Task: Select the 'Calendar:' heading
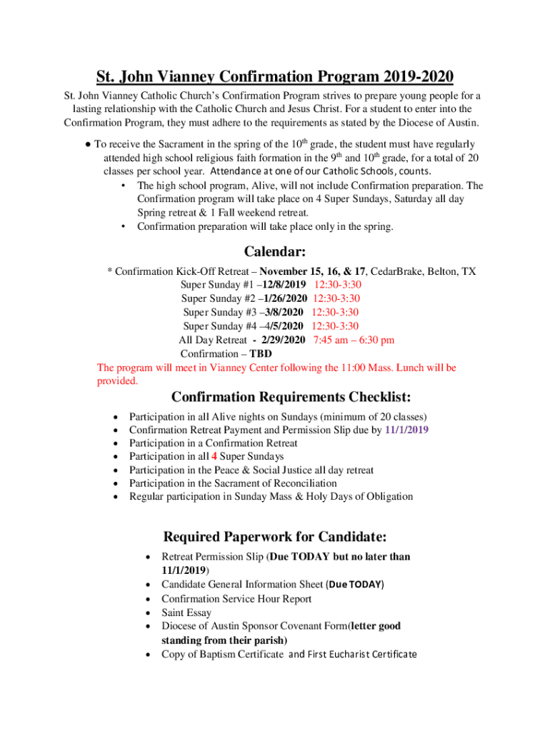coord(275,251)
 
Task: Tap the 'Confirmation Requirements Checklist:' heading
coord(291,397)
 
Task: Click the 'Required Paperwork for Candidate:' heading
coord(275,536)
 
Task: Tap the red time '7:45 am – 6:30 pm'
coord(354,340)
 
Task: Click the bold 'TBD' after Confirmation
coord(260,353)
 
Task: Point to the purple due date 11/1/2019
coord(406,430)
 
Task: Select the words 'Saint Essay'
coord(186,612)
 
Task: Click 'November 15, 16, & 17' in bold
coord(312,271)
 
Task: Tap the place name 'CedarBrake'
coord(396,271)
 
